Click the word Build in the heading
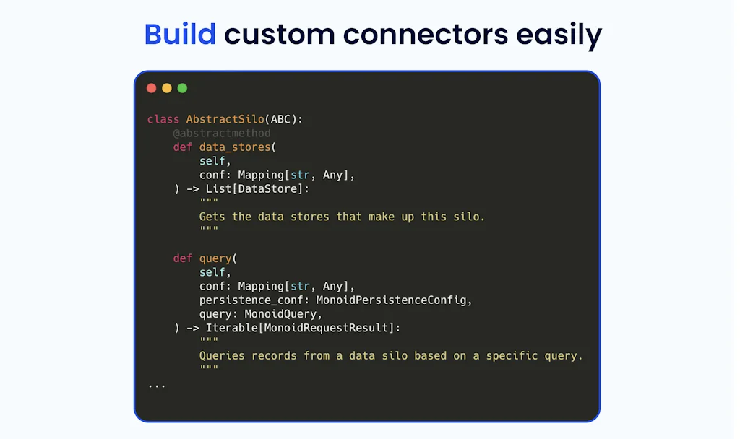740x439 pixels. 180,35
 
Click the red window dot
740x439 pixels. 151,88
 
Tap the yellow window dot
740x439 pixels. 167,88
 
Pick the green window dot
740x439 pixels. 182,88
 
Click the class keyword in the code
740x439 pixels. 163,119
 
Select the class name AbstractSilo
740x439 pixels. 225,119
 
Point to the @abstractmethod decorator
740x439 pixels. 222,133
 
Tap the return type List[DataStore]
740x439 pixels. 257,189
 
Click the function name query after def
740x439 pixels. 215,258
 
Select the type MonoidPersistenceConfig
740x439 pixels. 394,300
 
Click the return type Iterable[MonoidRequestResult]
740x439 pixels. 303,328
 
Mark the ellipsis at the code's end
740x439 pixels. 157,385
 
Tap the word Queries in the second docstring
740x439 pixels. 222,356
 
